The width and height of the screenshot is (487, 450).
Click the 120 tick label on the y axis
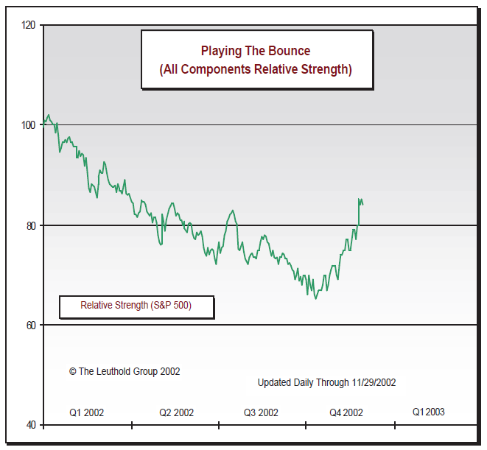pos(29,25)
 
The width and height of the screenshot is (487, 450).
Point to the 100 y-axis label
pos(29,124)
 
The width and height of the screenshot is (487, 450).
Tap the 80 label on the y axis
pos(31,225)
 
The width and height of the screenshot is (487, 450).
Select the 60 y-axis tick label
pos(31,325)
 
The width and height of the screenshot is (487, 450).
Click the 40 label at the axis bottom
pos(31,425)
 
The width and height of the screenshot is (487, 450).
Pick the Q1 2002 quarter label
pos(86,412)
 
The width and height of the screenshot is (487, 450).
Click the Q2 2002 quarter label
pos(176,412)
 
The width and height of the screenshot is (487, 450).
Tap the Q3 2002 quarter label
pos(261,412)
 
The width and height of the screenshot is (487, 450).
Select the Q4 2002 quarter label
pos(346,412)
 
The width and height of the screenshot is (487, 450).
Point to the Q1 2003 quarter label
pos(428,412)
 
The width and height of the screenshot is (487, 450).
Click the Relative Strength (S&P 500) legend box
pos(136,306)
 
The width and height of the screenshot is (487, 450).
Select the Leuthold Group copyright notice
pos(125,371)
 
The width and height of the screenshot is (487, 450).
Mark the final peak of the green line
pos(359,199)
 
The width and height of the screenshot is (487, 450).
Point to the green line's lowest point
pos(315,298)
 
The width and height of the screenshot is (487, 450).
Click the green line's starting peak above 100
pos(49,114)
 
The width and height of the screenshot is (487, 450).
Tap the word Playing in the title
pos(220,51)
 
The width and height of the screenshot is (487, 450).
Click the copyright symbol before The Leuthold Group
pos(73,371)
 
